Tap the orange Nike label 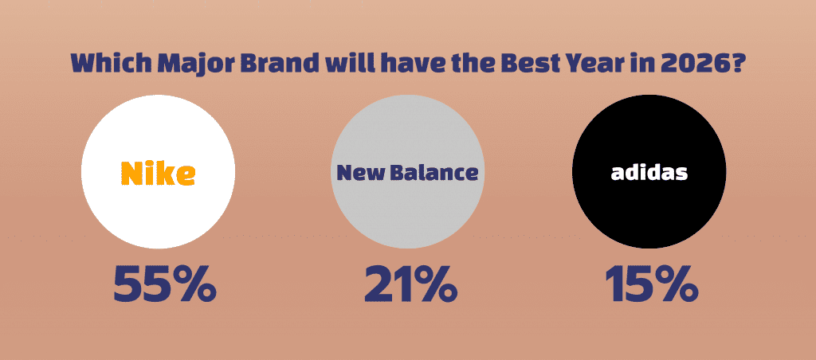coord(159,173)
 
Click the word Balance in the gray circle coord(433,173)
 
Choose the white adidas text coord(649,172)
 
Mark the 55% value coord(164,284)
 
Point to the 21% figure coord(410,284)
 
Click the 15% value coord(651,284)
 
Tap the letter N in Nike coord(132,173)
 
